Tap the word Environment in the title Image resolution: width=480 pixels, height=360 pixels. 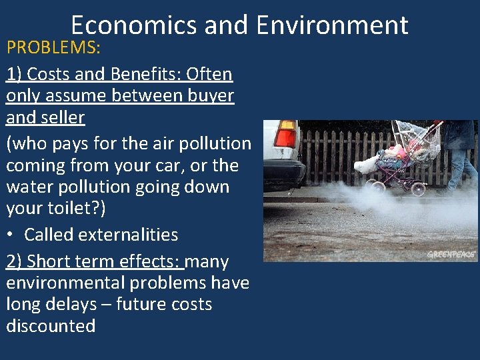[331, 25]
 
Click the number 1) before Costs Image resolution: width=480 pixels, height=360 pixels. [13, 74]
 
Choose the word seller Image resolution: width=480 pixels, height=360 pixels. [59, 118]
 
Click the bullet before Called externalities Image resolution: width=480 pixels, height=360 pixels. [12, 235]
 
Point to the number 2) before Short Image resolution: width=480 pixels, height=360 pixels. [13, 262]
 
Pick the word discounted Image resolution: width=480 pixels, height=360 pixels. [51, 326]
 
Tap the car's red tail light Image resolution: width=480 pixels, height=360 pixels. [286, 136]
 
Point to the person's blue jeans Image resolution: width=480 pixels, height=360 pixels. [462, 167]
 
